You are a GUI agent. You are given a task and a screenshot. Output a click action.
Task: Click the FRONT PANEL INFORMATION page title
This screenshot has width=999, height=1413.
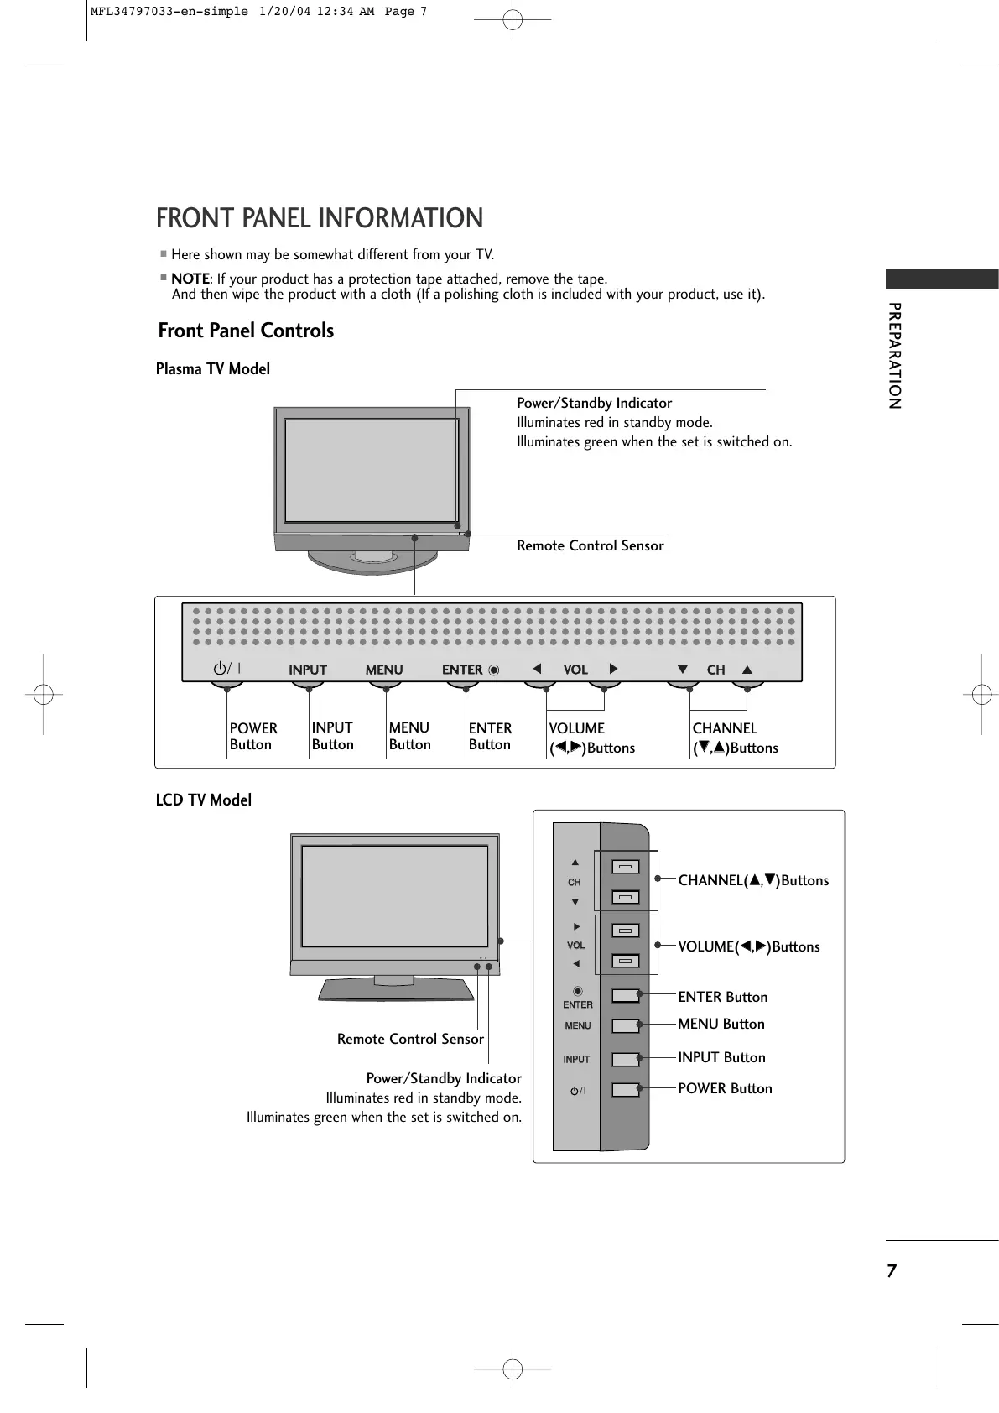point(320,218)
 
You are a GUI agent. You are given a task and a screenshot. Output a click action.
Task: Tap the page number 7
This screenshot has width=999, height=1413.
point(892,1270)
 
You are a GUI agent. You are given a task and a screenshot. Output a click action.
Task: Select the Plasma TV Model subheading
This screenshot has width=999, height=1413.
point(213,368)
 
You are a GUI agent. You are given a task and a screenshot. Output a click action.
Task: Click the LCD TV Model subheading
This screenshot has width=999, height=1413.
point(204,800)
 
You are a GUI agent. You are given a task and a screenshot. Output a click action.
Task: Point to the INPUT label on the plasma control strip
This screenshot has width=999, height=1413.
point(308,670)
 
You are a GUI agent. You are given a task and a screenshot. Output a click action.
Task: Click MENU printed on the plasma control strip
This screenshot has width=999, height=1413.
point(384,670)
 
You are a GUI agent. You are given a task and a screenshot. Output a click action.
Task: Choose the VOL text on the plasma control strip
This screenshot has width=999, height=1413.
point(575,670)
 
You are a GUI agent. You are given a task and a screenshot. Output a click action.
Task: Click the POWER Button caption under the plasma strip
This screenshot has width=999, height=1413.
point(253,736)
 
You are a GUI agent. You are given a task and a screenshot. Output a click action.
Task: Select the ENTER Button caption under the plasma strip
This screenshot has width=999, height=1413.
point(490,736)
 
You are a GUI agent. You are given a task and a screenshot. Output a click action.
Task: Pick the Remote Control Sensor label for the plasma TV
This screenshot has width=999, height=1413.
point(590,545)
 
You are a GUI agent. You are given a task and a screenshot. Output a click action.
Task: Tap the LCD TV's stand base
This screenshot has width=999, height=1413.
point(394,988)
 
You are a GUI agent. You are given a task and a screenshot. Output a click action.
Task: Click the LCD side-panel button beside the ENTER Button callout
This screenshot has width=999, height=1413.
point(625,996)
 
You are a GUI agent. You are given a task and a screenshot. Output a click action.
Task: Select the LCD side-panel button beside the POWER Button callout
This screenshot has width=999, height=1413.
point(625,1090)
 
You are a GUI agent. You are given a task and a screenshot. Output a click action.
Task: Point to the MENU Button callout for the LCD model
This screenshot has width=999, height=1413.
point(721,1024)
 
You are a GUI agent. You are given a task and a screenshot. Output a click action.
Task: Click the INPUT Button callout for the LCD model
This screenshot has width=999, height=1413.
point(721,1057)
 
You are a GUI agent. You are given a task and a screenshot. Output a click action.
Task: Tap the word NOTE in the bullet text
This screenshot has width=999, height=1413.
point(190,279)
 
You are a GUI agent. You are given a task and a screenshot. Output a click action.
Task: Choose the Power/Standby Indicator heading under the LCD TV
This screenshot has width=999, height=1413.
point(444,1078)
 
